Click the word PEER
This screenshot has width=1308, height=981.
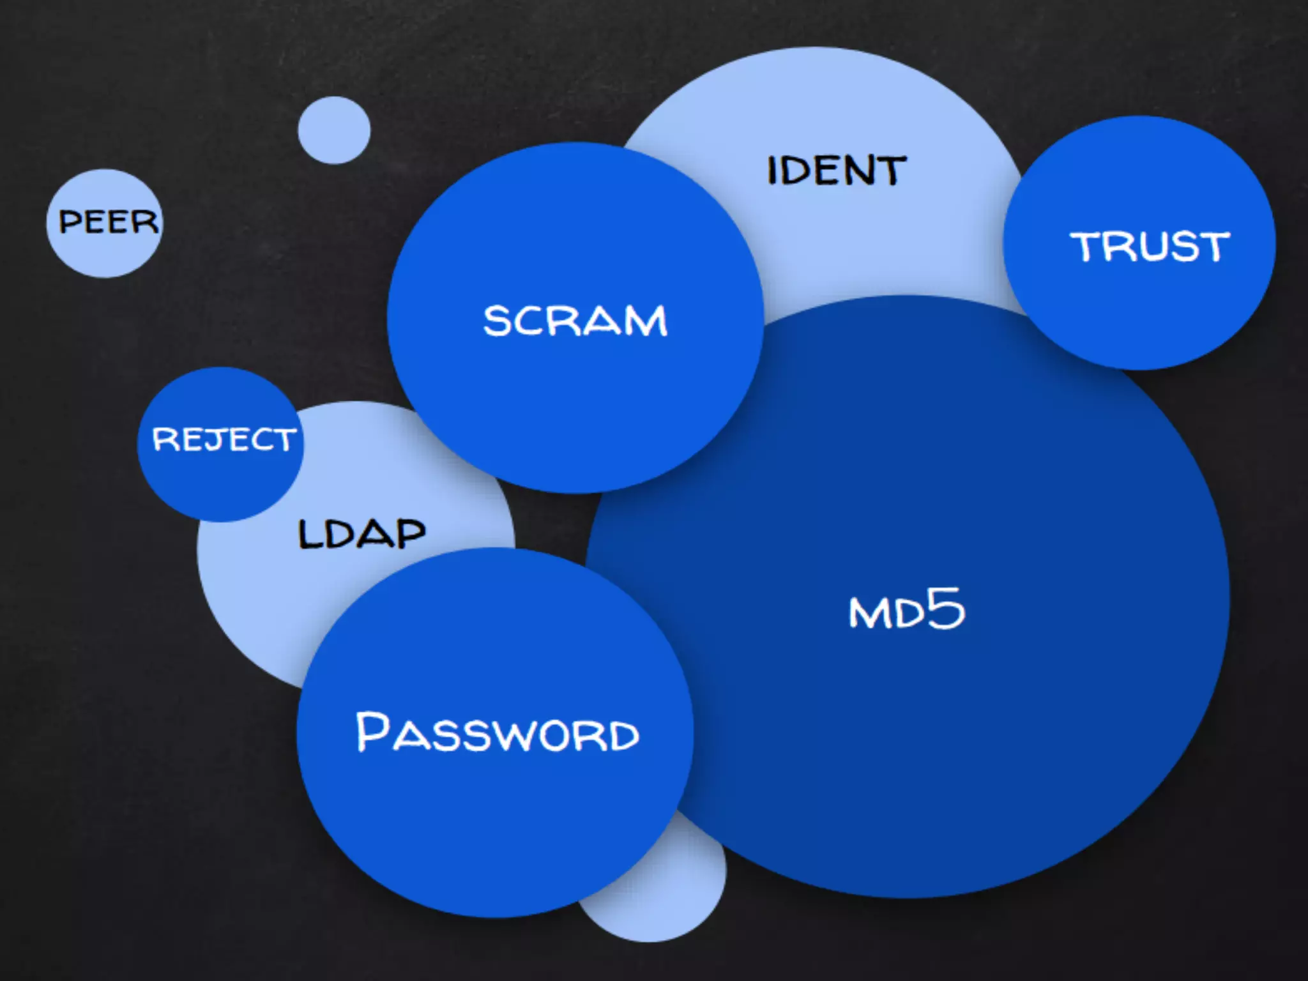click(x=108, y=222)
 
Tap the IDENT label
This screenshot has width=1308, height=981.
click(x=836, y=171)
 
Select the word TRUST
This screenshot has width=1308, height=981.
click(x=1150, y=247)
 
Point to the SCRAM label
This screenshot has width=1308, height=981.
click(x=575, y=321)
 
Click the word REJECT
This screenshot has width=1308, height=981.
click(x=224, y=439)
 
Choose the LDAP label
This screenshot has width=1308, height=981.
click(x=361, y=534)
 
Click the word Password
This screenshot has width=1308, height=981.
click(x=497, y=733)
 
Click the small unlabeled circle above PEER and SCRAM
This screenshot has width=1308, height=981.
click(x=334, y=130)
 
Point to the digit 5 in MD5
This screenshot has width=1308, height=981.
click(x=946, y=608)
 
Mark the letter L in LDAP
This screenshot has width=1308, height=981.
click(x=311, y=534)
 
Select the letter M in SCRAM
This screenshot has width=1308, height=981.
click(x=645, y=321)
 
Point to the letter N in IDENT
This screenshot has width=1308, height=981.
click(x=858, y=171)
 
